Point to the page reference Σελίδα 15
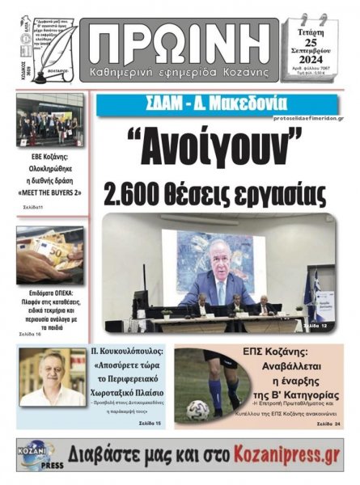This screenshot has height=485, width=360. [x=148, y=424]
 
